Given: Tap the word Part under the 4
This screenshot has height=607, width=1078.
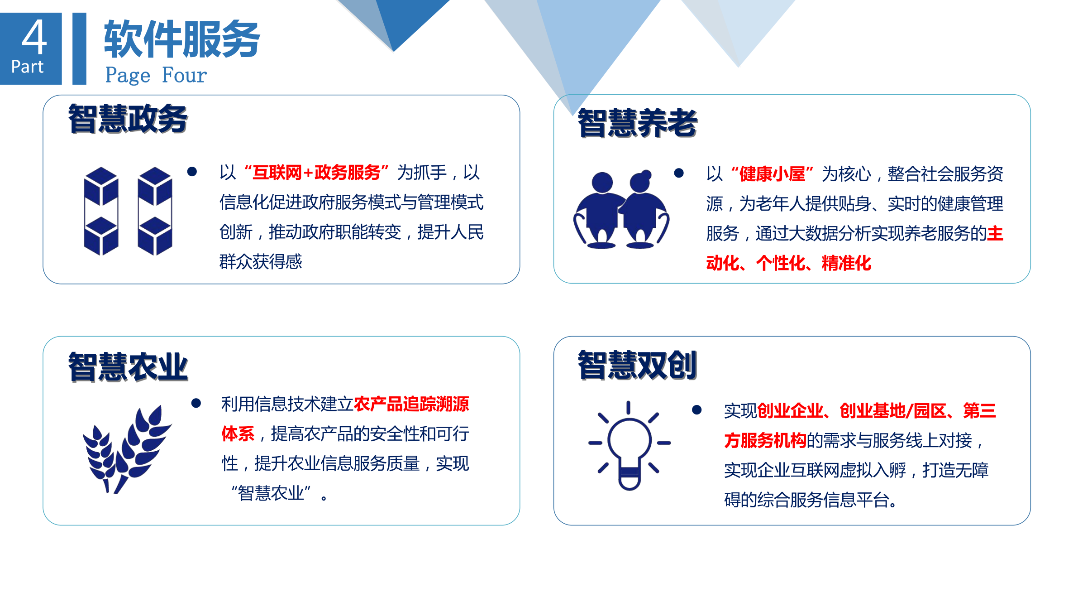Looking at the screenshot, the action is pos(27,67).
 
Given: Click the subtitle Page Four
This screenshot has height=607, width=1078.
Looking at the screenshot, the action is pos(156,75).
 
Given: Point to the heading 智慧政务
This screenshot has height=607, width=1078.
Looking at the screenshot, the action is pos(128,119).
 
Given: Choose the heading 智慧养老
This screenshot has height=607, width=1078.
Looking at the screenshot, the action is pos(637,123).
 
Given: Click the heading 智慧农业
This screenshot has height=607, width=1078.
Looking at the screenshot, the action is pos(128,367).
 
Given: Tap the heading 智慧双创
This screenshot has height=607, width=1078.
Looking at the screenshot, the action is pos(637,365).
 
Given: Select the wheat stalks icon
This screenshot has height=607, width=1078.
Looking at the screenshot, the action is pos(127,448).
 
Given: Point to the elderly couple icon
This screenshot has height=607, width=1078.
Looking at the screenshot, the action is pos(621,210).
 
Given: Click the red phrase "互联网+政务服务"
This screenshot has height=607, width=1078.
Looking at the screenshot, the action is pos(316,173).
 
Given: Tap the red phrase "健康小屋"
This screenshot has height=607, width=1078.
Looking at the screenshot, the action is pos(772,174).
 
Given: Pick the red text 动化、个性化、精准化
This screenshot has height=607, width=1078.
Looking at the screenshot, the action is pos(788,263).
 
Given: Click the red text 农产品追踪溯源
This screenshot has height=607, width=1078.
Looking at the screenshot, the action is pos(411,404).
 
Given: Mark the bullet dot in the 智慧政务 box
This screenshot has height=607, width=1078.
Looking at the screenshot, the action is pos(192,172).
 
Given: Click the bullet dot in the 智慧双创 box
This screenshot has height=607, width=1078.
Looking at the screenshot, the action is pos(696,410).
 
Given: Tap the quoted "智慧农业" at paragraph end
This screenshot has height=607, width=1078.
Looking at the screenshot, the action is pos(271,493).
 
